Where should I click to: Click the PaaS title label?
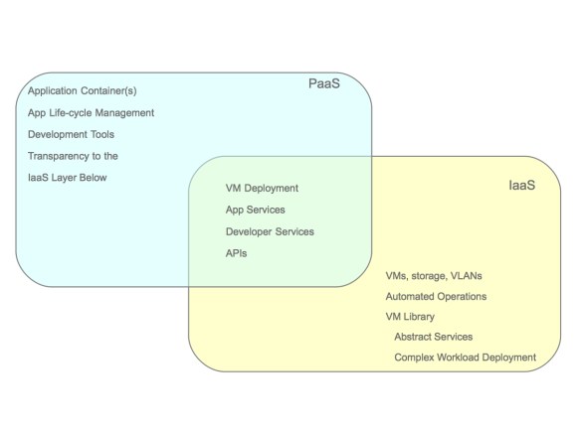[x=323, y=83]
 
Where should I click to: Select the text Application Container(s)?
[x=82, y=90]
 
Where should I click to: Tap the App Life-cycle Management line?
[x=91, y=112]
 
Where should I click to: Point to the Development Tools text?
[x=72, y=134]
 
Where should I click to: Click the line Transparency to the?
[x=73, y=156]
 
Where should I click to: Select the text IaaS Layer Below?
[x=67, y=178]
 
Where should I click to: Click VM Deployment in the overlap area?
[x=262, y=188]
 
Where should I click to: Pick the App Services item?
[x=255, y=210]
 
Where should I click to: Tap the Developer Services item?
[x=270, y=231]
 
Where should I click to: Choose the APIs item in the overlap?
[x=236, y=253]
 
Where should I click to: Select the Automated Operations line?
[x=436, y=297]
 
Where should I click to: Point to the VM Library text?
[x=410, y=318]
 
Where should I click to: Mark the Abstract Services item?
[x=433, y=337]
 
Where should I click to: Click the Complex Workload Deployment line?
[x=465, y=358]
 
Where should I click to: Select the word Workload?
[x=455, y=358]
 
